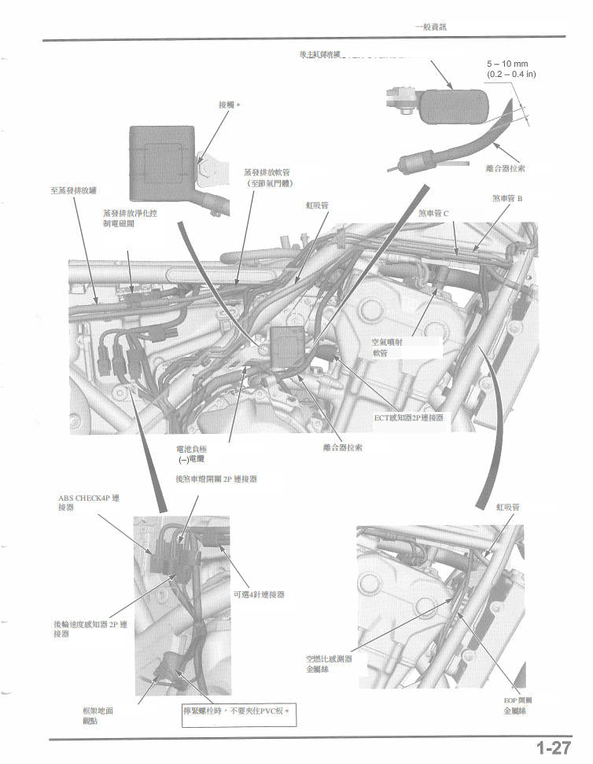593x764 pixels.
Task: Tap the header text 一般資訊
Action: point(430,27)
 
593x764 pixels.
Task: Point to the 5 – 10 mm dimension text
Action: point(507,64)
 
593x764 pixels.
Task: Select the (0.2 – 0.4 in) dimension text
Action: point(511,74)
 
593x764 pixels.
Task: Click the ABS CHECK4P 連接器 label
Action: point(88,502)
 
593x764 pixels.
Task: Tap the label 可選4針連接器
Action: point(259,594)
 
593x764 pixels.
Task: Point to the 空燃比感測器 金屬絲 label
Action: point(329,663)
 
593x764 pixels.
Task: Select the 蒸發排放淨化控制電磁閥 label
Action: point(129,218)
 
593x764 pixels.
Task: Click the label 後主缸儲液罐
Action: point(320,54)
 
